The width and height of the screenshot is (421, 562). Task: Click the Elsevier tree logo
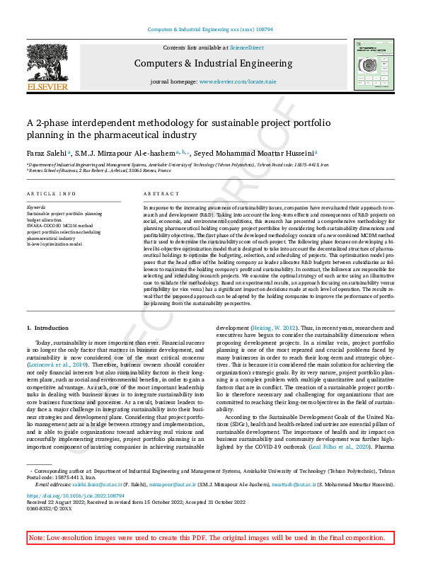pos(47,68)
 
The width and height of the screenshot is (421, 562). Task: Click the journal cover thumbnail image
pos(374,64)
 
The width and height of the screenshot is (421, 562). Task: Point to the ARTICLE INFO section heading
pos(51,193)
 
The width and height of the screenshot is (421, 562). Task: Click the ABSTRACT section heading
pos(157,193)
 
